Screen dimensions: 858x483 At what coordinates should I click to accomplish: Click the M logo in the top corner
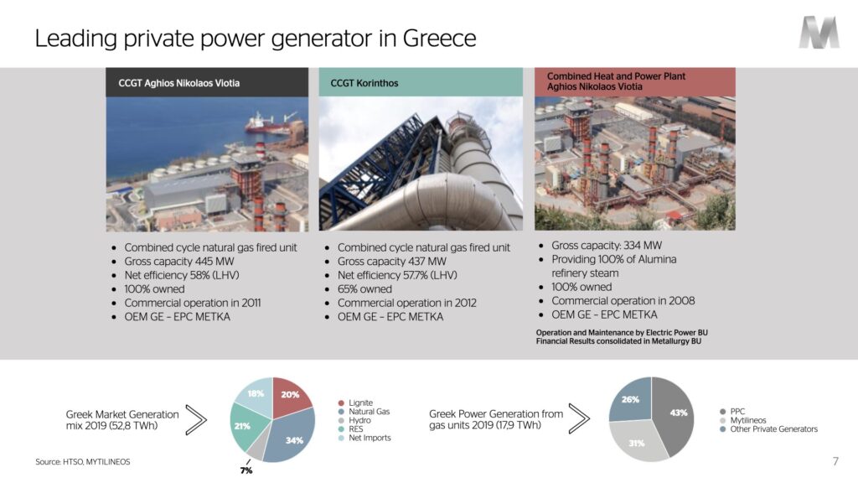819,33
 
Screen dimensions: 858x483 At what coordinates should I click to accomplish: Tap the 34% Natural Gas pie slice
290,435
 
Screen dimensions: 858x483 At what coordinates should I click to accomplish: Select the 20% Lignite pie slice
290,396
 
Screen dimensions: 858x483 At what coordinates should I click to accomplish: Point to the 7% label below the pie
246,470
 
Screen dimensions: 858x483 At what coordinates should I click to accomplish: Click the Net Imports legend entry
364,438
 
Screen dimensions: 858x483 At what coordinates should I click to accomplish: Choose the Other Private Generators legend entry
769,429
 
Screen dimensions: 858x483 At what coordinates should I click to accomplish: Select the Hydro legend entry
354,421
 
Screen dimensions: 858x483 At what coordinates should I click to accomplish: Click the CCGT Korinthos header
421,83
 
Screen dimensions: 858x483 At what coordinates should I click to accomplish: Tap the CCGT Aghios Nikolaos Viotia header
207,83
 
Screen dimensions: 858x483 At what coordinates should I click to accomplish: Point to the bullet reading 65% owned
359,289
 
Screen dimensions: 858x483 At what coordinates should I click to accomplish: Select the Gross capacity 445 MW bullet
173,262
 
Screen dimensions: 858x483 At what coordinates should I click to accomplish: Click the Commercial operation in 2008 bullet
618,301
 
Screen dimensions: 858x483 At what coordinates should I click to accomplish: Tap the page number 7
835,461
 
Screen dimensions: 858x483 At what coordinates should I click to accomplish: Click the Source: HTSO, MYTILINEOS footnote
83,462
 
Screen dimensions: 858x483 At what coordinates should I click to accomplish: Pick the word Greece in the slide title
439,39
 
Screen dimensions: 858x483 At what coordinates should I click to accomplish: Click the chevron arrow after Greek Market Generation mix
196,420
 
